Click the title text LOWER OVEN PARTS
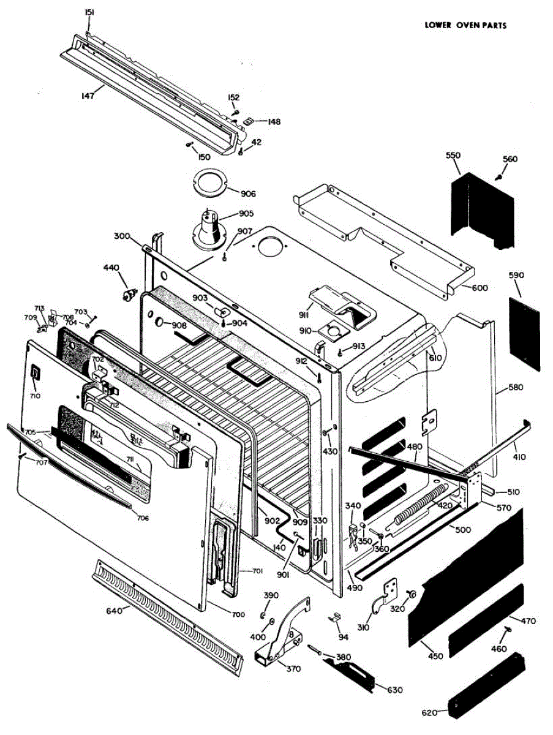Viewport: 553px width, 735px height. (466, 26)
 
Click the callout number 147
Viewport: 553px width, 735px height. (88, 96)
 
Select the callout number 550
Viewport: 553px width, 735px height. (453, 156)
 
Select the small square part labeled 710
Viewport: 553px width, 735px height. (35, 372)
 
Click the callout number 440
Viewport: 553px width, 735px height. (111, 268)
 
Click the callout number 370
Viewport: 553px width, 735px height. (294, 669)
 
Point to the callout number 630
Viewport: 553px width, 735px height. (395, 690)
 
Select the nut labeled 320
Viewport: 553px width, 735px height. (412, 594)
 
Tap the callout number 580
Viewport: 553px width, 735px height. (516, 388)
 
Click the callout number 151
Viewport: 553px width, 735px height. (89, 12)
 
